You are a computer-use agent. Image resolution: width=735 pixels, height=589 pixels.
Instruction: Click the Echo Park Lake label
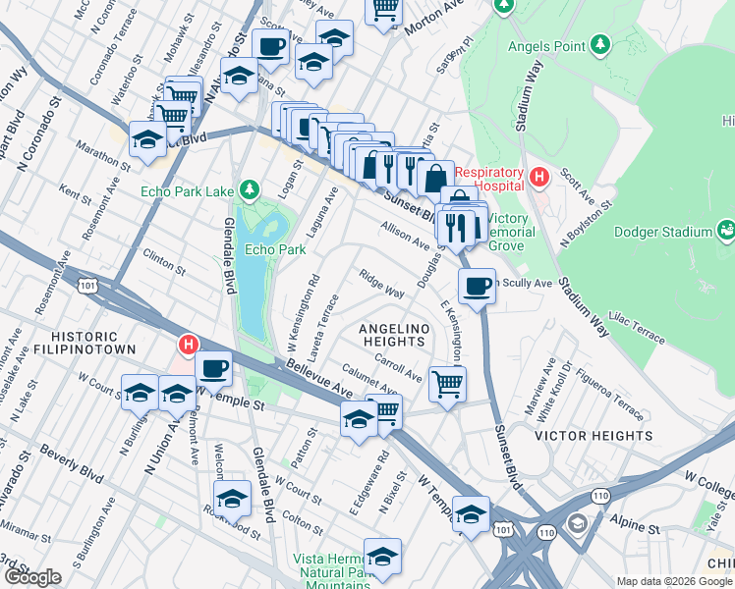click(x=189, y=190)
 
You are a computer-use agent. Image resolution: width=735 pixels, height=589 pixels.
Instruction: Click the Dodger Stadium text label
click(x=661, y=232)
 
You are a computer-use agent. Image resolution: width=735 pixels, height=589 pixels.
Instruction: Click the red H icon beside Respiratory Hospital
click(x=537, y=177)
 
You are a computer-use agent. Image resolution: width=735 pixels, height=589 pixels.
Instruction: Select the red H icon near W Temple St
click(x=188, y=345)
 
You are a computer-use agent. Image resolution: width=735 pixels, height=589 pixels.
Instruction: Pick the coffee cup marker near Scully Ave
click(x=477, y=286)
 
